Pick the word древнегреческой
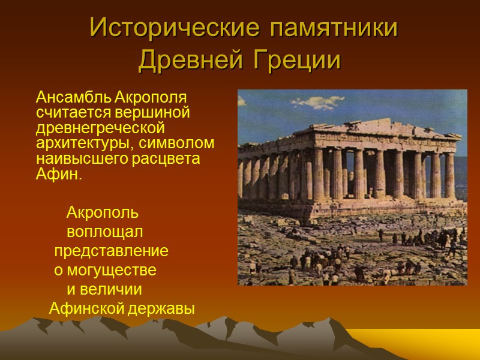100,128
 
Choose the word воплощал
105,232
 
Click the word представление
111,251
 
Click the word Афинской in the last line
86,309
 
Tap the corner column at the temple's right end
449,175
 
